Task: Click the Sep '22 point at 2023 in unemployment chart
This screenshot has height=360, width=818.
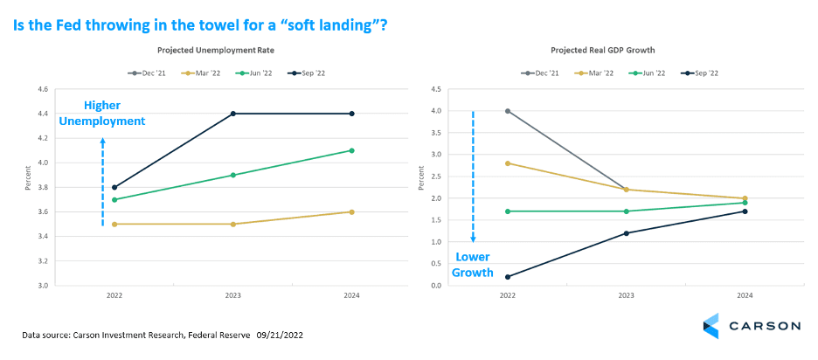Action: (232, 114)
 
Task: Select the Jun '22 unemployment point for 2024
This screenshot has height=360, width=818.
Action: (351, 150)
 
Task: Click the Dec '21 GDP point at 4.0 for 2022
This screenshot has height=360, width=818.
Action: (508, 111)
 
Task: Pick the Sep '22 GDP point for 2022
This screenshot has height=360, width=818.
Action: (508, 277)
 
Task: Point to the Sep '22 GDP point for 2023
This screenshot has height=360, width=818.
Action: (627, 233)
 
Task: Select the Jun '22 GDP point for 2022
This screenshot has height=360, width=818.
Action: (508, 211)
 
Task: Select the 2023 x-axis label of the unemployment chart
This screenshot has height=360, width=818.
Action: (232, 295)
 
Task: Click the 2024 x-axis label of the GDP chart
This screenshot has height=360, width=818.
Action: (745, 295)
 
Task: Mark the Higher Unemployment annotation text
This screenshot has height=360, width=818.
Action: (102, 114)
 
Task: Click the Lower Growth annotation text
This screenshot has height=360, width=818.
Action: (473, 266)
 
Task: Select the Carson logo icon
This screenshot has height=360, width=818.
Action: (711, 326)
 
